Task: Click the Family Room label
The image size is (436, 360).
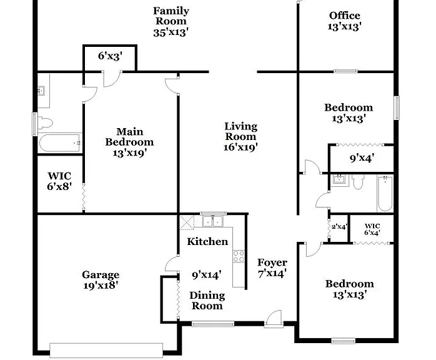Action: point(171,16)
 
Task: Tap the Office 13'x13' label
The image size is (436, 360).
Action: point(345,21)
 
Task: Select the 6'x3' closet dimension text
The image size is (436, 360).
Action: point(110,56)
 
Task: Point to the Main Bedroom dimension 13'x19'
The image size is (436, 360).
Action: point(129,152)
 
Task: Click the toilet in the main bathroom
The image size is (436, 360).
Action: point(44,122)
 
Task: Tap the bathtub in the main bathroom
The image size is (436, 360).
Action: point(60,142)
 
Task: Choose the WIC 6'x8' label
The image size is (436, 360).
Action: point(59,181)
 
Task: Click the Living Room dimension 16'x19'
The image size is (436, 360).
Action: point(241,147)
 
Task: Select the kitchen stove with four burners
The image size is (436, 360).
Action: point(238,256)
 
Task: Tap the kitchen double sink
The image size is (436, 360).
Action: point(213,221)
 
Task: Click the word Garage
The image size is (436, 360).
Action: point(101,275)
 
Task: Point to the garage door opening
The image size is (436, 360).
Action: point(106,350)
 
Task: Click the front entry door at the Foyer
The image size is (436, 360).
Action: point(274,319)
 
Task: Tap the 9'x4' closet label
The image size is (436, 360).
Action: point(362,158)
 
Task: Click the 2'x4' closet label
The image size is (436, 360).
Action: point(339,227)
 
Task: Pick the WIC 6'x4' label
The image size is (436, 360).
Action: point(372,229)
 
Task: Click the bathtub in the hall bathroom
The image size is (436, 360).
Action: point(385,193)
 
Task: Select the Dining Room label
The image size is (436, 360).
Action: point(207,301)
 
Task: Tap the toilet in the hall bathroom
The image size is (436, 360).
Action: point(357,182)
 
